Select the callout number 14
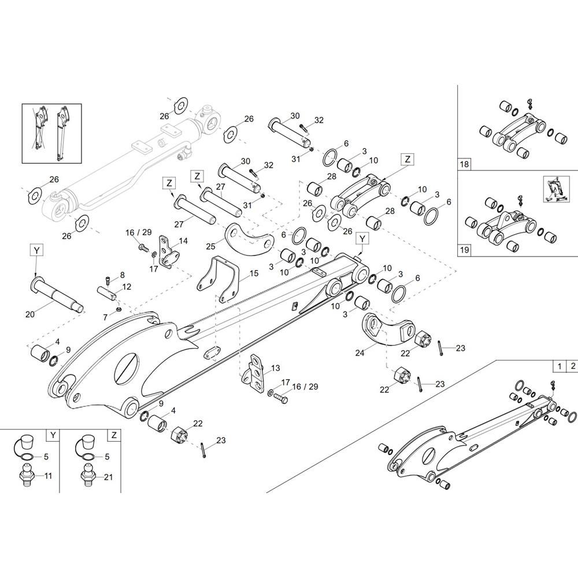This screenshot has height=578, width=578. coord(183,240)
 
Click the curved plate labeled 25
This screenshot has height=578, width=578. coord(249,239)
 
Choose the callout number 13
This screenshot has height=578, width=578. coord(275,368)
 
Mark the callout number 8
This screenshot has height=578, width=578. coord(123,275)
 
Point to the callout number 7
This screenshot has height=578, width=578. coord(105,317)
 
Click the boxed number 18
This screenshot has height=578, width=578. coord(464,164)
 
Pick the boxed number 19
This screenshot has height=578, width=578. coord(464,250)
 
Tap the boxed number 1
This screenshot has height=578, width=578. coord(560,366)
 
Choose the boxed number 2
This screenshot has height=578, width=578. coord(572,366)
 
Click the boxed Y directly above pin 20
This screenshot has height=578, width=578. coord(36,250)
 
